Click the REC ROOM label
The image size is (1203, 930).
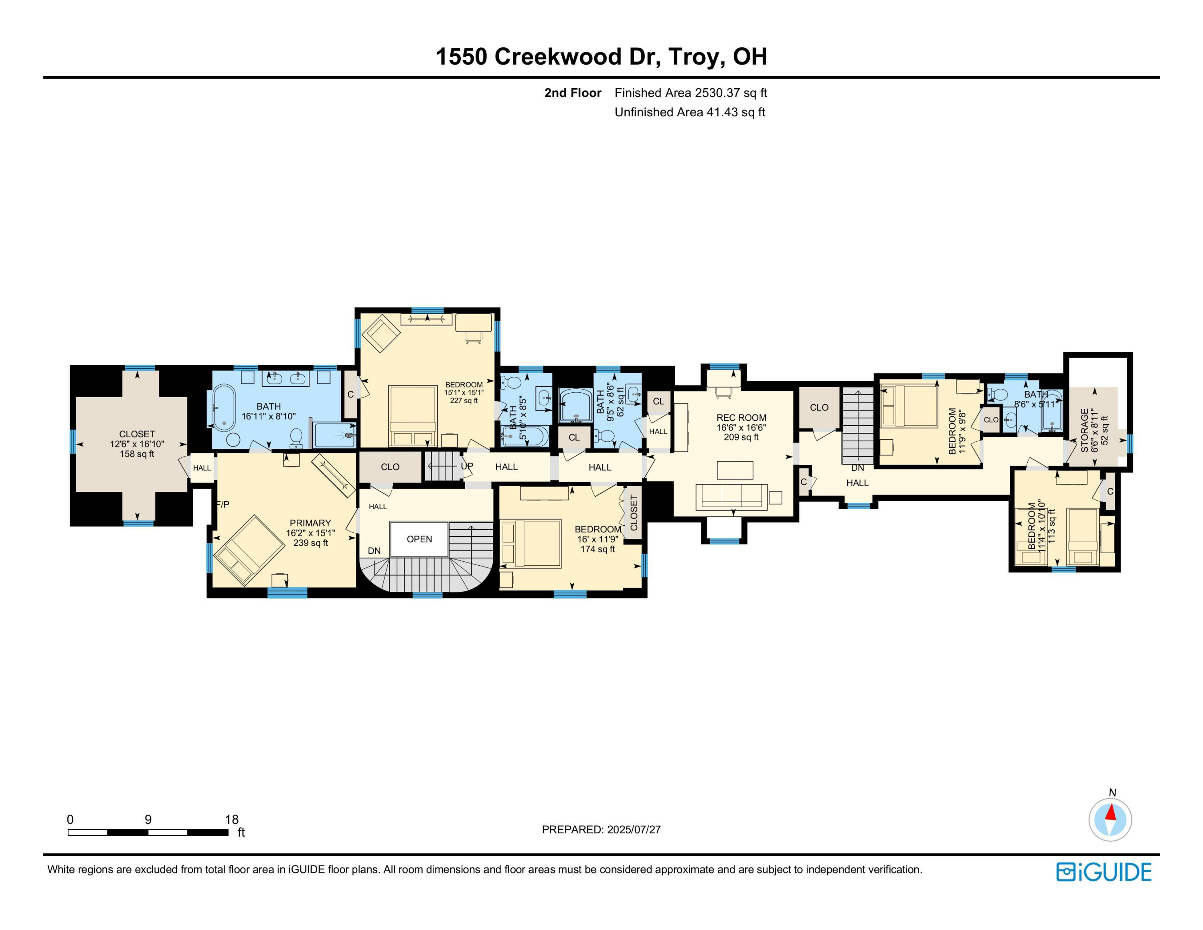[741, 418]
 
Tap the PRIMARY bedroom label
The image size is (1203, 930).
[310, 523]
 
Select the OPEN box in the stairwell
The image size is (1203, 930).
[419, 539]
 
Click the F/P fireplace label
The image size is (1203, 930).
[223, 504]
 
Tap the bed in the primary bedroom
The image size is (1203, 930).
[249, 549]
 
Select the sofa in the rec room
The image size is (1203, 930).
[731, 496]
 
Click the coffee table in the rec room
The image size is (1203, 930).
[735, 470]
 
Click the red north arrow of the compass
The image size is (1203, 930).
[1111, 813]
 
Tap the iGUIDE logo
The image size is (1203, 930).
[1103, 872]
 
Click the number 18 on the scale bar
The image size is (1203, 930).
[231, 819]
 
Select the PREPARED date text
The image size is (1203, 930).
[601, 830]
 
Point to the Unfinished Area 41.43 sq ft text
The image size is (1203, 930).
[690, 112]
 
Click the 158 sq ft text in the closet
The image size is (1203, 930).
[137, 454]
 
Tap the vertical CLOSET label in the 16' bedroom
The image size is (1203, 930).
[634, 512]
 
